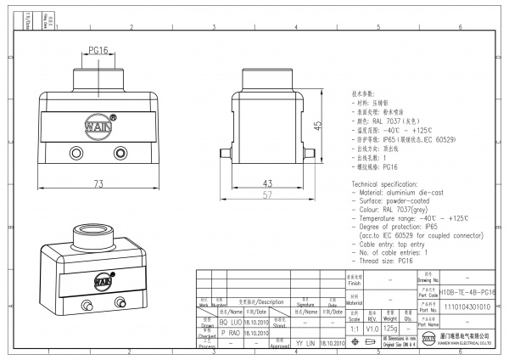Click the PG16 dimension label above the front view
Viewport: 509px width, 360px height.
(x=98, y=50)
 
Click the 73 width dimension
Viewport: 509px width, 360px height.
(x=98, y=183)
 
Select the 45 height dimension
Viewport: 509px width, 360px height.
(x=317, y=125)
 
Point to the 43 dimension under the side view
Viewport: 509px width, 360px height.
(x=266, y=183)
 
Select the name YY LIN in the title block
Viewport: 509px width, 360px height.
(x=305, y=343)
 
